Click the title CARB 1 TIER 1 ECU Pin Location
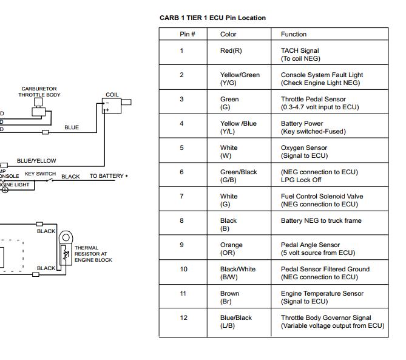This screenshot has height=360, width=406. tap(212, 18)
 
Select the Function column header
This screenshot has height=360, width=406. tap(294, 34)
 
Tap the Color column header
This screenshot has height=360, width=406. tap(228, 34)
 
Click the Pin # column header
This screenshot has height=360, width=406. tap(188, 34)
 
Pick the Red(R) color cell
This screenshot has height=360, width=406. tap(231, 50)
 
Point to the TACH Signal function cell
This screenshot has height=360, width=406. tap(300, 55)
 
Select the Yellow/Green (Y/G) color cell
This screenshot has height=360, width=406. tap(239, 79)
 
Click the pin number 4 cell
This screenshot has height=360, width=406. tap(181, 123)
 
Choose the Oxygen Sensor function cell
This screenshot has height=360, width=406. tap(304, 152)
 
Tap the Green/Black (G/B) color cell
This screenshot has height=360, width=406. tap(238, 176)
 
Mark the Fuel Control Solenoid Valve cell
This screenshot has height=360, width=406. tap(322, 200)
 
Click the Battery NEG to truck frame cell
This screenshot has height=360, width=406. tap(321, 220)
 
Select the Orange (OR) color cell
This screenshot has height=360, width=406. tap(231, 249)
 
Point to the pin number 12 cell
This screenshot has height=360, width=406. tap(183, 318)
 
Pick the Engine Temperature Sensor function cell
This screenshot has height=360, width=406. tap(322, 297)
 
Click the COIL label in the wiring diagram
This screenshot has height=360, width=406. tap(112, 95)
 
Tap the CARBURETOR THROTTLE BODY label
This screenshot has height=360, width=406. tap(39, 92)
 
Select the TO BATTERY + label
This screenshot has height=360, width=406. tap(109, 176)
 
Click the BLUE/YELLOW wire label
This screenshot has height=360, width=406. tap(36, 161)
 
